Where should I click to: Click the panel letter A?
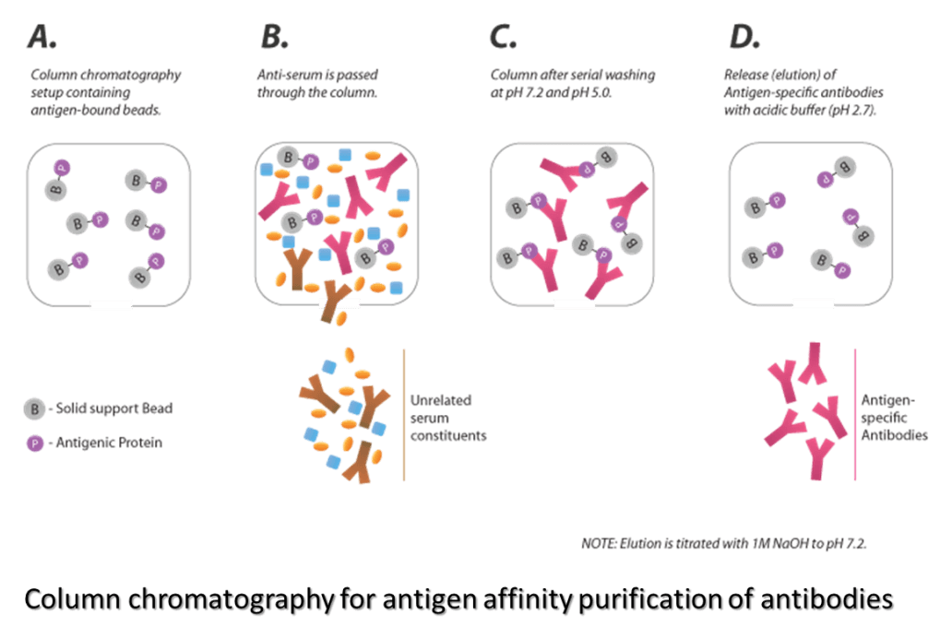point(41,38)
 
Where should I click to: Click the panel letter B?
point(274,38)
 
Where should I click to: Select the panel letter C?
point(503,38)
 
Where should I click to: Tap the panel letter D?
point(742,38)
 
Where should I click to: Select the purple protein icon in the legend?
point(34,444)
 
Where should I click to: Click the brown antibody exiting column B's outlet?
point(329,309)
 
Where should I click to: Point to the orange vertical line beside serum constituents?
point(404,414)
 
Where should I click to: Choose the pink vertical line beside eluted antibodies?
point(855,414)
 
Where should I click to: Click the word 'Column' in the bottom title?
point(79,600)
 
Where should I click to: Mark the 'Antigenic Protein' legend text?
point(108,444)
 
